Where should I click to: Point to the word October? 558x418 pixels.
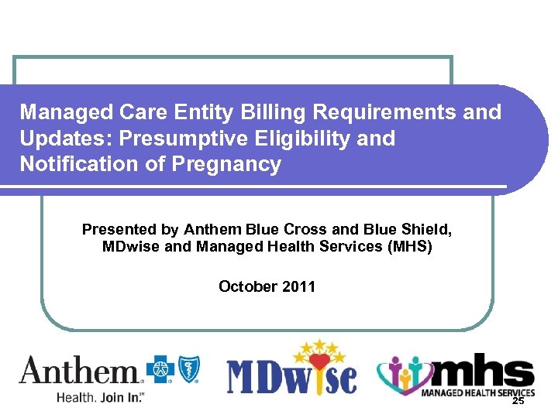[246, 286]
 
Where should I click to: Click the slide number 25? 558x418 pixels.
[518, 401]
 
